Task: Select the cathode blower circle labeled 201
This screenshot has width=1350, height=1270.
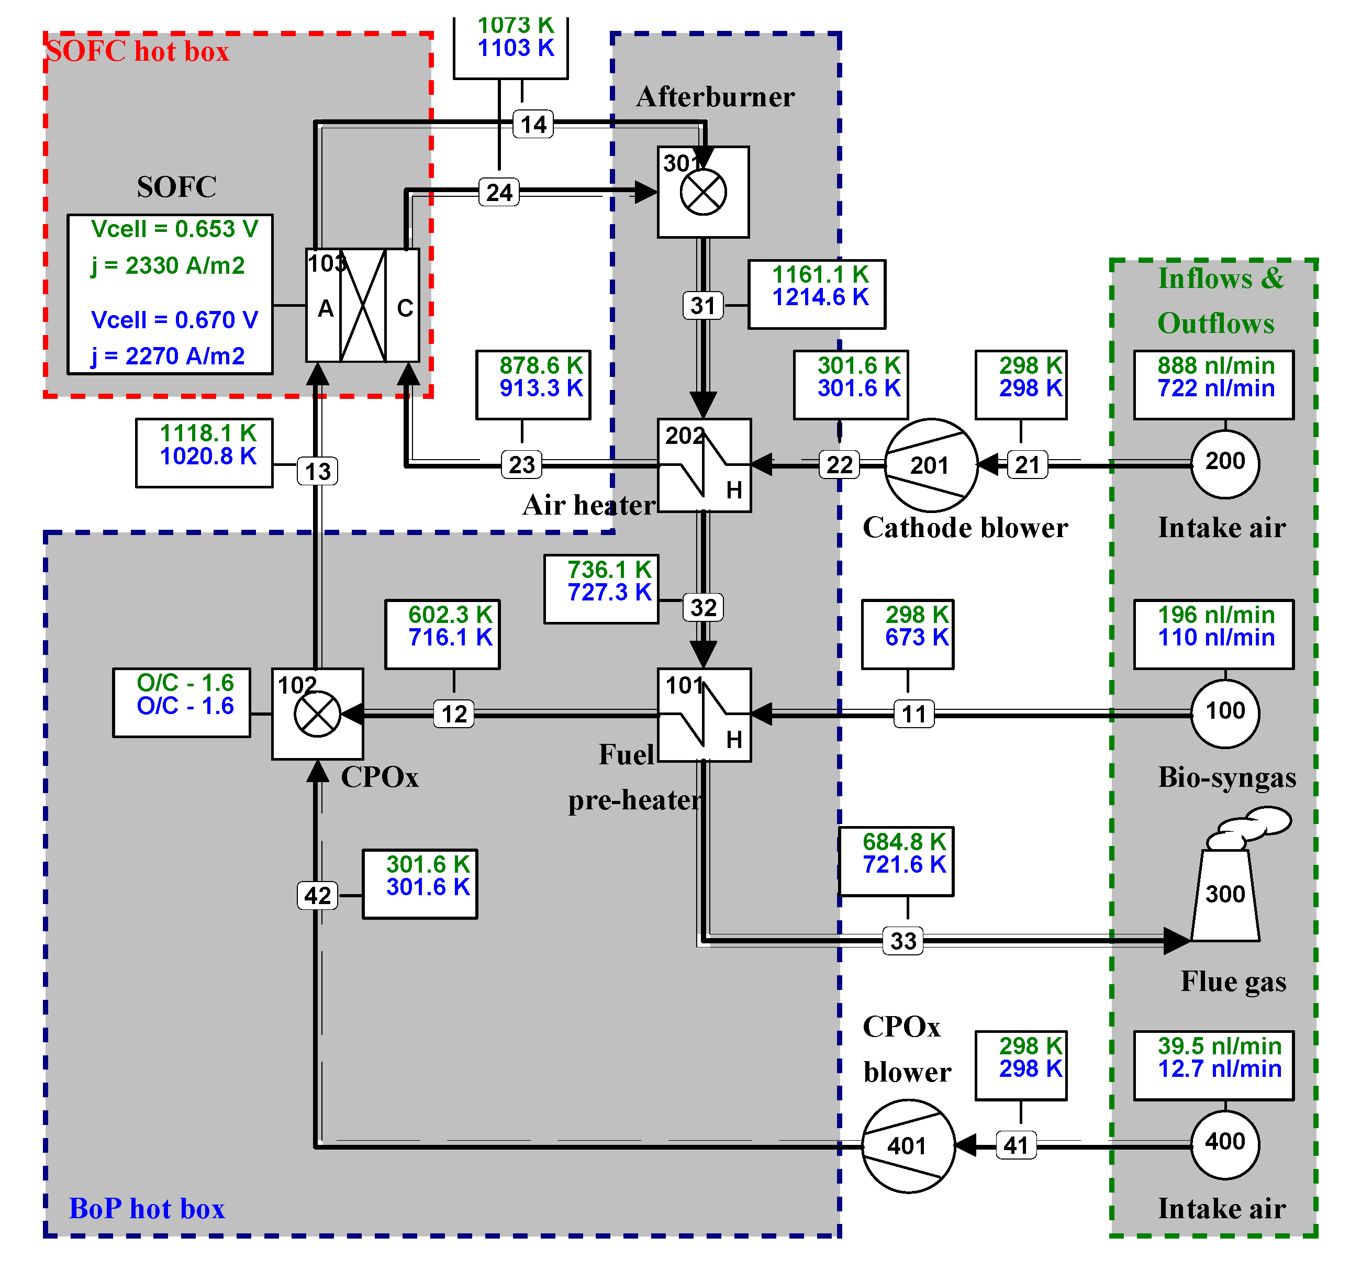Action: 930,465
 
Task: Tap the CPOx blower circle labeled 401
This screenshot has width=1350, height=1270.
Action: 908,1146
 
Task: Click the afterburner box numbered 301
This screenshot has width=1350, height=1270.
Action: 703,192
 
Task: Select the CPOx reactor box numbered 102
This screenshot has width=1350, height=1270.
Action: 317,714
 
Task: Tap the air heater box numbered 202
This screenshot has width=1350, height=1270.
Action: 704,465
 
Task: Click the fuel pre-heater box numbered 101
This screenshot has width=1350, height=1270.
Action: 704,715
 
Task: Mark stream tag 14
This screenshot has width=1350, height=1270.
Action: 533,124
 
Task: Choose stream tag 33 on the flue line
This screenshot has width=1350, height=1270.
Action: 902,941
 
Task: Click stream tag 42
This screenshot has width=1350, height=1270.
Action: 317,896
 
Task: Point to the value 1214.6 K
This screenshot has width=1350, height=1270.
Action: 820,297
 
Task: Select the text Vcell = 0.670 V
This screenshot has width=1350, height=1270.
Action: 174,320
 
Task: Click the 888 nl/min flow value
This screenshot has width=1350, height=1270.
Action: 1215,366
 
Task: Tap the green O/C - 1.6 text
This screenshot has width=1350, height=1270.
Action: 185,683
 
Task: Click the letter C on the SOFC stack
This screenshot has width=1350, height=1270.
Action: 405,308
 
